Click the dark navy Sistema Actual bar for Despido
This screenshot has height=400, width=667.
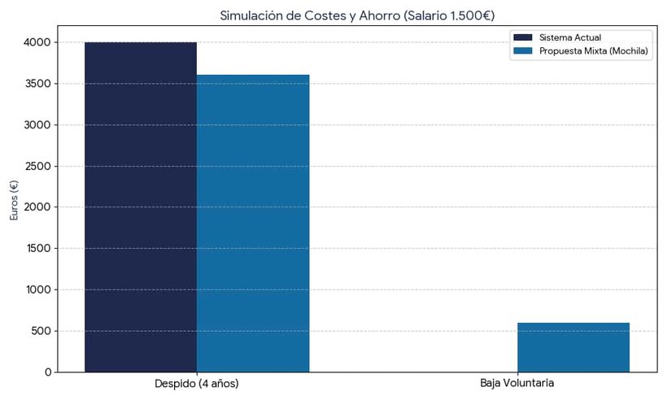click(x=141, y=207)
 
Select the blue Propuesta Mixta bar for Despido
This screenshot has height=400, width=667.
click(x=253, y=224)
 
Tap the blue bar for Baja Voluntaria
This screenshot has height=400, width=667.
click(x=573, y=347)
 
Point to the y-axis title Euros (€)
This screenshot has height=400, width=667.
click(x=14, y=200)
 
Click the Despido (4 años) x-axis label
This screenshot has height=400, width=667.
click(x=197, y=383)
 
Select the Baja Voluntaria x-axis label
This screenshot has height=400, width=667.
click(x=517, y=383)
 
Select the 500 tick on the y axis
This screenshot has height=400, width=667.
click(x=41, y=331)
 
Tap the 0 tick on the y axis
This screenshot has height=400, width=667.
click(x=48, y=372)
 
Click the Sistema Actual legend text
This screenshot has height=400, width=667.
click(x=569, y=37)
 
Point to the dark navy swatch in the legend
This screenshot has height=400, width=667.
click(x=522, y=37)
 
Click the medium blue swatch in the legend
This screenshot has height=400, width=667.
click(x=522, y=50)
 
